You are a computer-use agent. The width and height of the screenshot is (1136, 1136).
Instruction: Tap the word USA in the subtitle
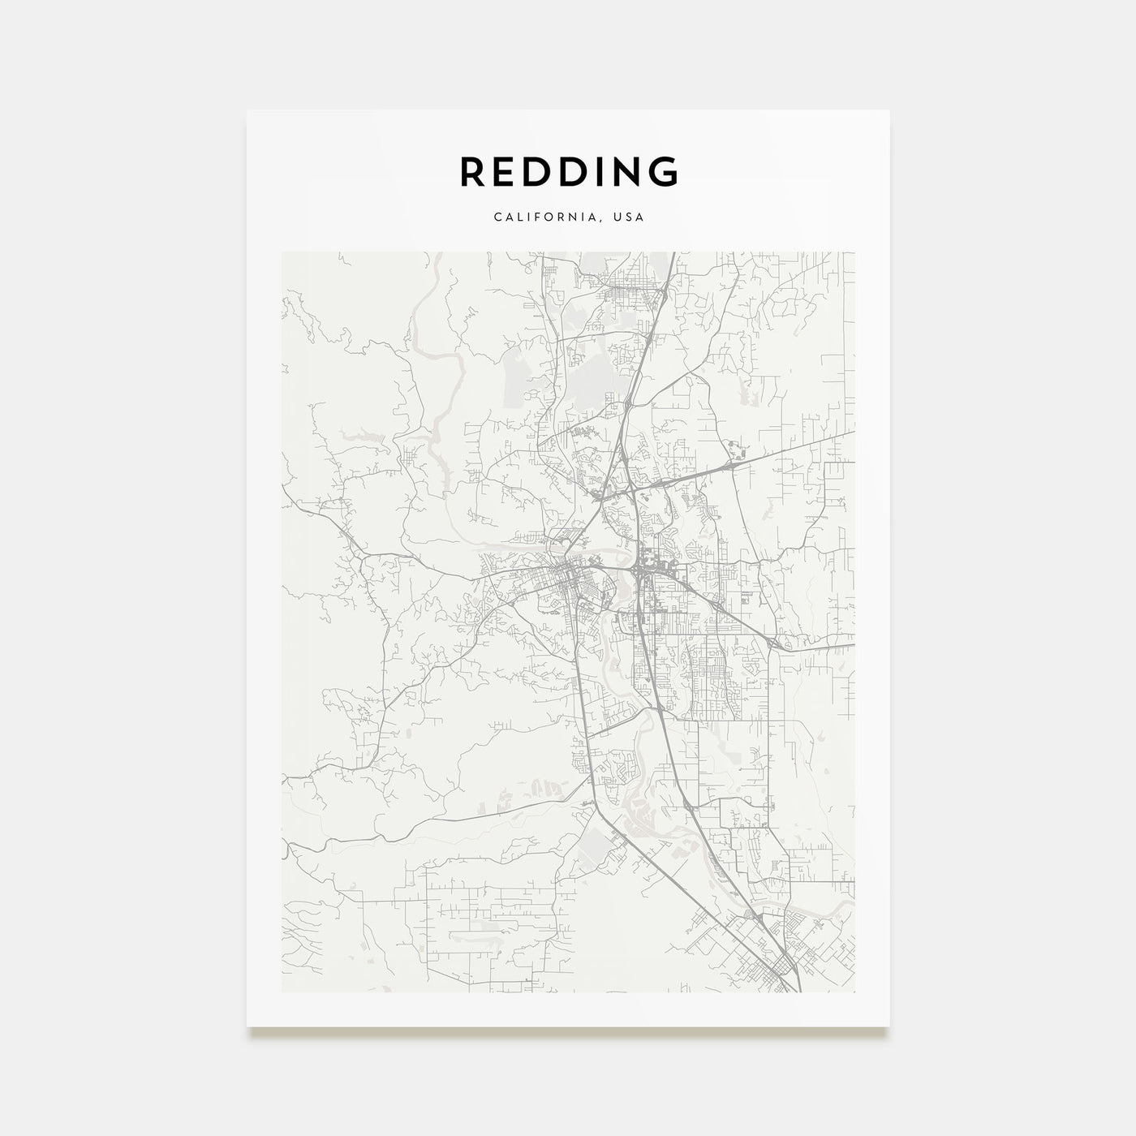pos(630,217)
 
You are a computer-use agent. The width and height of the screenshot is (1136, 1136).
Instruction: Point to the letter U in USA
pos(621,217)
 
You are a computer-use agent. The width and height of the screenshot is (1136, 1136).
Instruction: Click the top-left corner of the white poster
pos(247,111)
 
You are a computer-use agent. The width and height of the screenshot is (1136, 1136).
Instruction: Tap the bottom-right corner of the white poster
pos(889,1026)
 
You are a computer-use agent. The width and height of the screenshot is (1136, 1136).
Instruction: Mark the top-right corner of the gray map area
pos(854,252)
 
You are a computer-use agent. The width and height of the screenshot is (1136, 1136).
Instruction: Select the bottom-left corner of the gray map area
pos(282,991)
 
